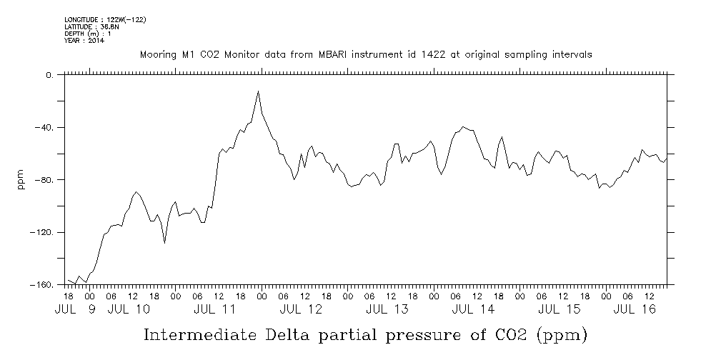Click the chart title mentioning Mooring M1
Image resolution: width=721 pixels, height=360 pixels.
[365, 54]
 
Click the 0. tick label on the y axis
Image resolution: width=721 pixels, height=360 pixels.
[49, 75]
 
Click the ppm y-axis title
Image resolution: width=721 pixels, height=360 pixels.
[21, 179]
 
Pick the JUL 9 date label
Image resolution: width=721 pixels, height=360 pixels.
[75, 309]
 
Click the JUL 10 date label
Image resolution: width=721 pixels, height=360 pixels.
[129, 309]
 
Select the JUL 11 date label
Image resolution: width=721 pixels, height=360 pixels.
[215, 309]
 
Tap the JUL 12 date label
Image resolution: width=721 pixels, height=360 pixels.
[301, 309]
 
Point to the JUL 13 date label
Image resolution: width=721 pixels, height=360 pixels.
[387, 309]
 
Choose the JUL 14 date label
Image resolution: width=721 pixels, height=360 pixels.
[472, 309]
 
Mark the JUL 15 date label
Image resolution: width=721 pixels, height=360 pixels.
[559, 309]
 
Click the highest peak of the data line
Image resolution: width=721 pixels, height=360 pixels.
[258, 91]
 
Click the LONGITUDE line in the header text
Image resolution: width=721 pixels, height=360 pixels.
[105, 19]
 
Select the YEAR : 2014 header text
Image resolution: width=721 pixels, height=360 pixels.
[84, 41]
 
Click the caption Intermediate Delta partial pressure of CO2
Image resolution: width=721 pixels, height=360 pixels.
[365, 334]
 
